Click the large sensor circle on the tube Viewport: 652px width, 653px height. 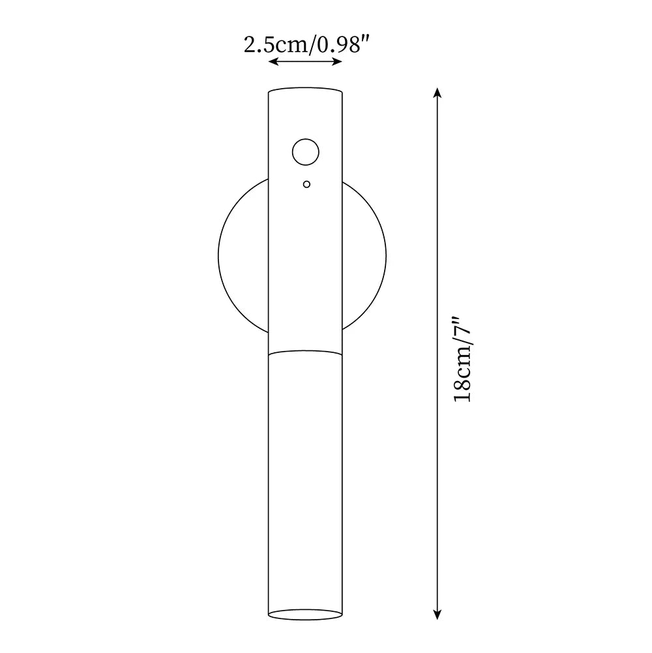(305, 153)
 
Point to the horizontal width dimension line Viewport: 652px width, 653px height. (306, 62)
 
